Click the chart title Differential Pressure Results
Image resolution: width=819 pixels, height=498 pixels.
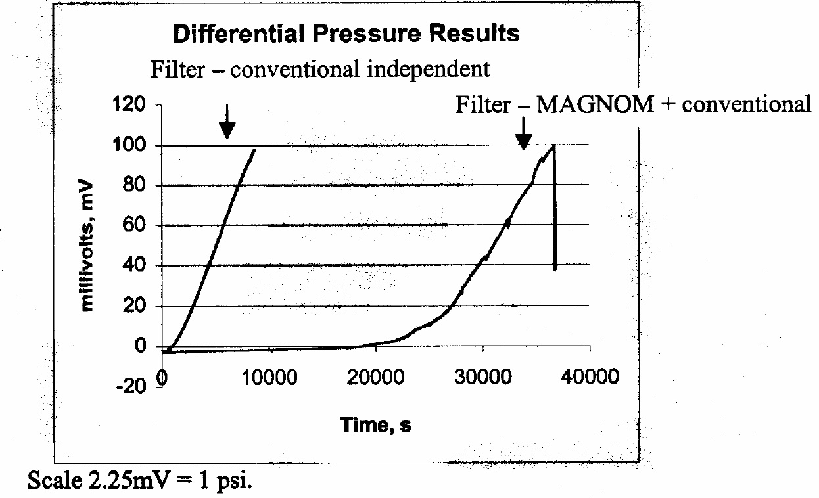click(x=346, y=34)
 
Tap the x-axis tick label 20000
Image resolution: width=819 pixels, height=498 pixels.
click(x=375, y=378)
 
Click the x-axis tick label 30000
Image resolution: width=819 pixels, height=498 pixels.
click(x=482, y=378)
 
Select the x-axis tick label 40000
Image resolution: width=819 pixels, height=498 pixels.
click(x=590, y=378)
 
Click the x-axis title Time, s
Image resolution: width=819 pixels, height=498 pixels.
click(x=376, y=425)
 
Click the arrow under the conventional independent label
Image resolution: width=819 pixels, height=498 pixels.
click(x=226, y=124)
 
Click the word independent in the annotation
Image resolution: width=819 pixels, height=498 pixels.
click(x=428, y=68)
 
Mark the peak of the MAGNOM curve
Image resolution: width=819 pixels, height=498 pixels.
click(x=554, y=146)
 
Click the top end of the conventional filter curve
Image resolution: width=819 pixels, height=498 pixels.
click(x=254, y=150)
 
